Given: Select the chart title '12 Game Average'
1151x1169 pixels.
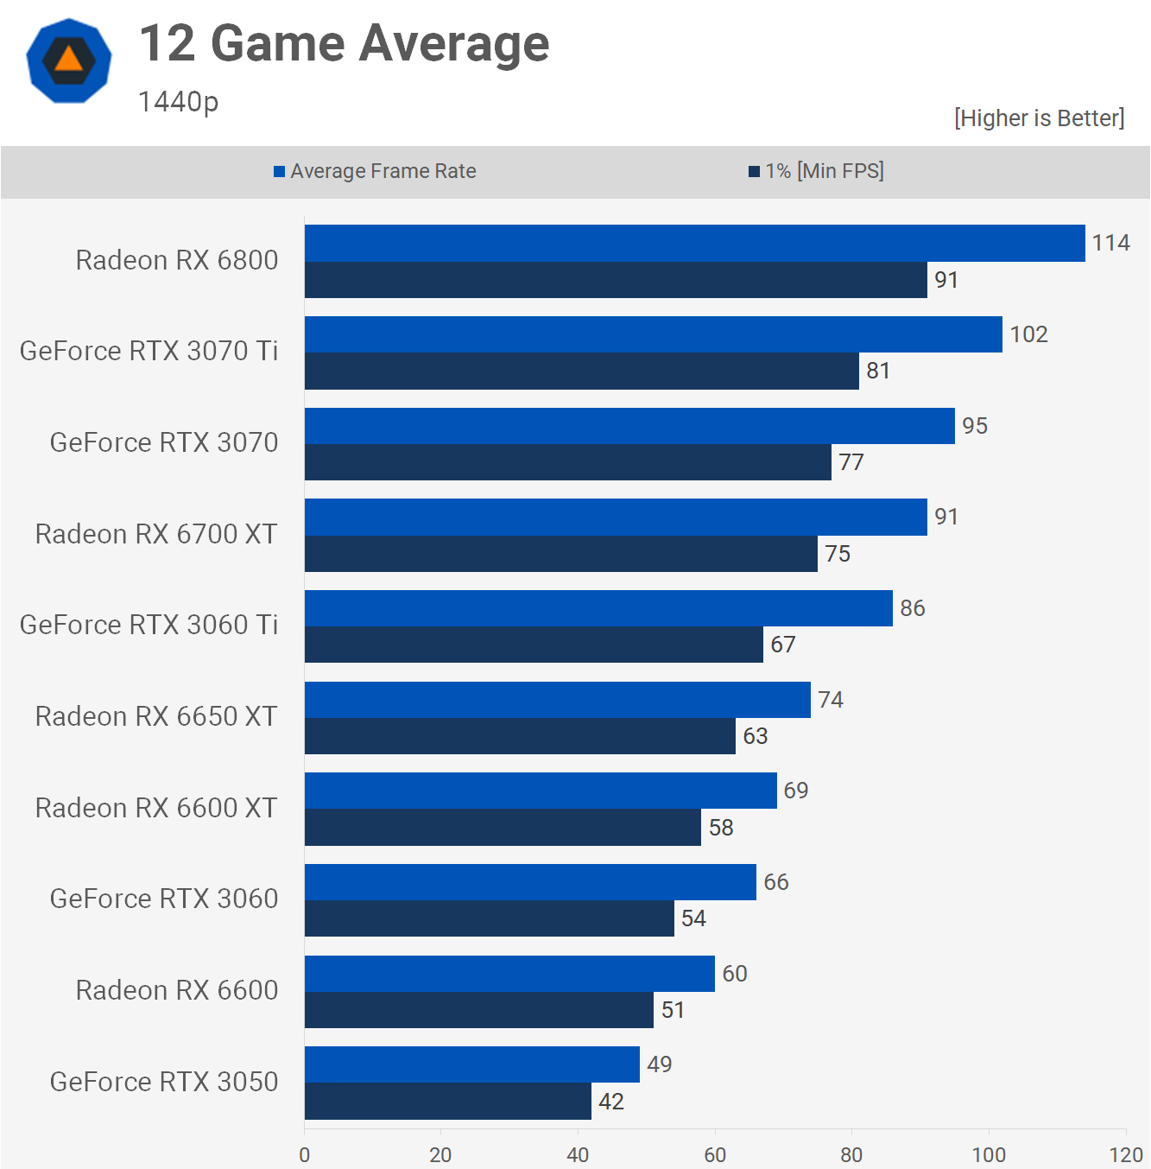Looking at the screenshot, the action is coord(345,44).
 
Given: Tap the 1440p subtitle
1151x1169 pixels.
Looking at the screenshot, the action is coord(178,102).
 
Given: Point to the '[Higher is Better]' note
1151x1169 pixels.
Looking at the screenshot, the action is coord(1040,118).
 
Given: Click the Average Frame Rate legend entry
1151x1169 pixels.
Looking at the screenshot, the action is coord(375,171).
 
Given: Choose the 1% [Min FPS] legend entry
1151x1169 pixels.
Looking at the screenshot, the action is coord(816,171).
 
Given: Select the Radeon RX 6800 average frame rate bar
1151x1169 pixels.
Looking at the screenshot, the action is coord(694,244).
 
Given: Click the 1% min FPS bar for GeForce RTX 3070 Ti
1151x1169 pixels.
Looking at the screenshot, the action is coord(582,371).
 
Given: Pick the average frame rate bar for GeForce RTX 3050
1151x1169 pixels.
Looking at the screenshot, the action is coord(471,1064).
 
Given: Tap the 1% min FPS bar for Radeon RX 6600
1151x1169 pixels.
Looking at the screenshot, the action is coord(479,1010).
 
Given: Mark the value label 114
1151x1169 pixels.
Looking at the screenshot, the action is coord(1111,243).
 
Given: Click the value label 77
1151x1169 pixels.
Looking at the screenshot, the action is coord(851,462).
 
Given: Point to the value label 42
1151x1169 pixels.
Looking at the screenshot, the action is coord(611,1102).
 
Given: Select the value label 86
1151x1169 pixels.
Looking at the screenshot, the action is coord(913,608).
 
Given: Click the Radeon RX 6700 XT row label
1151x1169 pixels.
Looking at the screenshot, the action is coord(156,535).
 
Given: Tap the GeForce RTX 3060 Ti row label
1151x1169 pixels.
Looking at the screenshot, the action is coord(149,625).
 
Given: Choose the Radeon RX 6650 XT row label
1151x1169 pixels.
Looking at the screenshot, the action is coord(156,716).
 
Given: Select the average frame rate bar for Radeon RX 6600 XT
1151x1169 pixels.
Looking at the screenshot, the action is coord(541,791).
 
